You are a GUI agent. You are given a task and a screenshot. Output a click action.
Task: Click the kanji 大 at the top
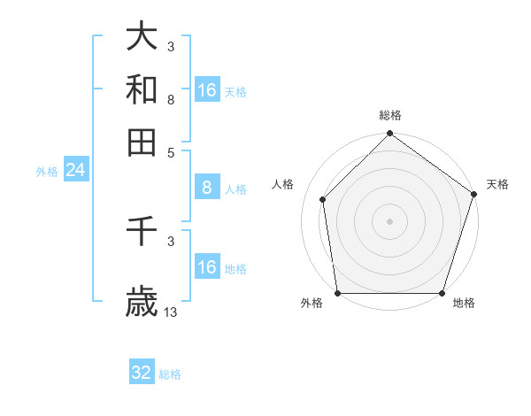[142, 37]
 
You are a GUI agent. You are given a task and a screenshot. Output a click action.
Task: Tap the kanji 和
[142, 89]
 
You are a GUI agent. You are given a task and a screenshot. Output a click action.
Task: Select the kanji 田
[142, 142]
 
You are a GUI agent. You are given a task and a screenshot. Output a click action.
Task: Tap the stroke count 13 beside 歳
[171, 312]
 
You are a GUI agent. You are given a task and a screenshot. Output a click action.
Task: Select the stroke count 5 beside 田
[170, 151]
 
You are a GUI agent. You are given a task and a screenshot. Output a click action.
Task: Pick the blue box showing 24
[75, 170]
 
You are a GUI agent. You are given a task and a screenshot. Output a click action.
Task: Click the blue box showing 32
[142, 373]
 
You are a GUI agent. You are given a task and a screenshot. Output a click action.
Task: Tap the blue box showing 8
[207, 188]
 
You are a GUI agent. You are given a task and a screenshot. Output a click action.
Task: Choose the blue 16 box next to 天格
[207, 90]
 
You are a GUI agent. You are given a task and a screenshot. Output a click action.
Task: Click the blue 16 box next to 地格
[207, 267]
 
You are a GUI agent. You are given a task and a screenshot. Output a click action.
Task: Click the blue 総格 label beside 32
[170, 374]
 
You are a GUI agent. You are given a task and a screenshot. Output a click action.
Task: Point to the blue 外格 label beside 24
[47, 172]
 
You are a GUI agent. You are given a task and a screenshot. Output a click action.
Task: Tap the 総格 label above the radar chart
[390, 116]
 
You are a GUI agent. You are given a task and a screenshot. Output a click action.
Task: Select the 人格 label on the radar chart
[283, 184]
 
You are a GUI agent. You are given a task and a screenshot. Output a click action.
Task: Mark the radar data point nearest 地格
[442, 293]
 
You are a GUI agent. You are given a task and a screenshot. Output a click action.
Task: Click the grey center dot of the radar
[389, 220]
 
